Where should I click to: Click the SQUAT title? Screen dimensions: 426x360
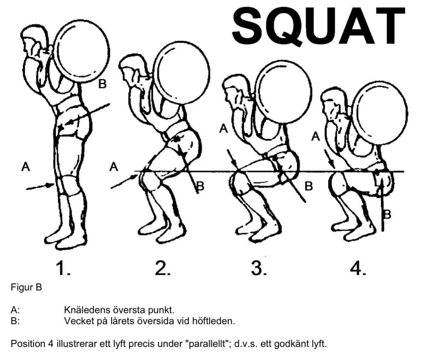tap(318, 26)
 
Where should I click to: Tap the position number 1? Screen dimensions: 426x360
tap(63, 268)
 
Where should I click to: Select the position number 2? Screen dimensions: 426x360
tap(162, 268)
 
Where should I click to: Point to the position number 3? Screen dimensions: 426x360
tap(259, 268)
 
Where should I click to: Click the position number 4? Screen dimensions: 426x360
tap(358, 268)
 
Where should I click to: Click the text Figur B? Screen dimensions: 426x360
tap(26, 287)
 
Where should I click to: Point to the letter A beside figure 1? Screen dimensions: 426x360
tap(26, 166)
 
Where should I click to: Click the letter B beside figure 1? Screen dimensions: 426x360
tap(102, 84)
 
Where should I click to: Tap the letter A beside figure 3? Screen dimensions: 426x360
tap(223, 129)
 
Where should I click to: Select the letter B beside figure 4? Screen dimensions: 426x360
tap(387, 214)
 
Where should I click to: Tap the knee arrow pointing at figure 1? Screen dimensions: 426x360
tap(40, 187)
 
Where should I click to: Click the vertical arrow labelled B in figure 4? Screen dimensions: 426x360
tap(383, 204)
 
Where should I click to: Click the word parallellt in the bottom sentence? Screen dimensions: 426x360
tap(208, 344)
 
